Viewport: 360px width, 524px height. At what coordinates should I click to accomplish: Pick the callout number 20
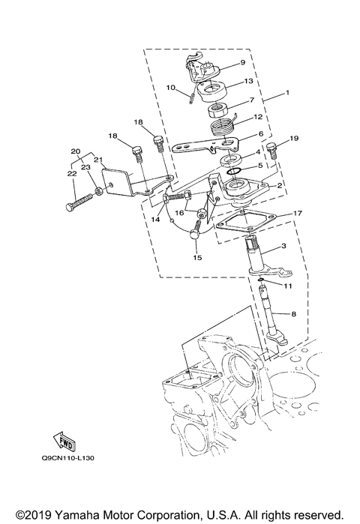[x=74, y=151]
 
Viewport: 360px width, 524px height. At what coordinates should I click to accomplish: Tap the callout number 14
[x=154, y=220]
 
